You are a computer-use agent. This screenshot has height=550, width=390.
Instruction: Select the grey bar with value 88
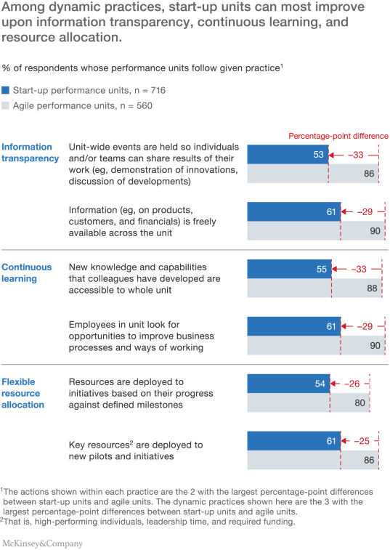point(312,288)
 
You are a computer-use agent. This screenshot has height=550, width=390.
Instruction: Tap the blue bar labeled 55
point(289,269)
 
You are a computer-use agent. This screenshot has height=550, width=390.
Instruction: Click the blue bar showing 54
point(288,384)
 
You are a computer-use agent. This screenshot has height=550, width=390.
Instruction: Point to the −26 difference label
point(354,384)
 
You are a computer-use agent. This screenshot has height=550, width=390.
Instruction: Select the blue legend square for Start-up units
point(6,91)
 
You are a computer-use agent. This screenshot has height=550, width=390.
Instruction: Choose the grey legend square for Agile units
point(6,106)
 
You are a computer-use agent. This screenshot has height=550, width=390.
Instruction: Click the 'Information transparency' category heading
point(29,153)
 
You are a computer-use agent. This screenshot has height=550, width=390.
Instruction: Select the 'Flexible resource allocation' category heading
point(25,393)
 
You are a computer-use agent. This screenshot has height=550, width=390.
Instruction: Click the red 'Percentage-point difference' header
point(338,136)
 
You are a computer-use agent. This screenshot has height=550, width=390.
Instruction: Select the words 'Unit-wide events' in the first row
point(103,147)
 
